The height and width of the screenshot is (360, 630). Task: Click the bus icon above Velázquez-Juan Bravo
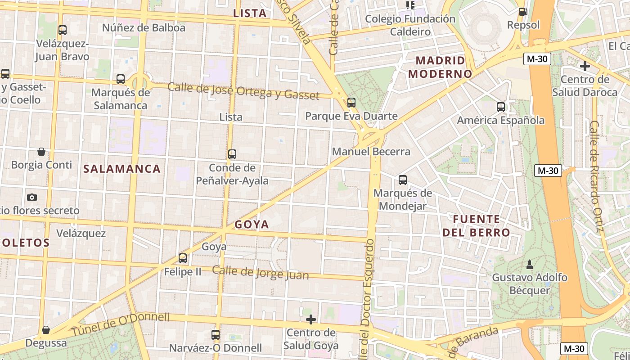pos(63,30)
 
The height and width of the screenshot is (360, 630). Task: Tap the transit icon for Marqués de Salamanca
pos(121,79)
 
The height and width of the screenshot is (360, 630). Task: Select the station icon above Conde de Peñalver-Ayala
pos(232,154)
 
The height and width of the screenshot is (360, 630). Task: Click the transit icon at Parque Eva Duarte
pos(351,103)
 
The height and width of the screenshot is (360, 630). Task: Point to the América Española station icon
pos(501,107)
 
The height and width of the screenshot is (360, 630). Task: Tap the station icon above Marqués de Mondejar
pos(403,180)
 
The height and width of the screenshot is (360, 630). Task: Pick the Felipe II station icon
pos(183,258)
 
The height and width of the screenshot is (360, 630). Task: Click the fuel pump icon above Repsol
pos(523,12)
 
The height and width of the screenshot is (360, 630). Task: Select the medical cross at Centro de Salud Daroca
pos(585,67)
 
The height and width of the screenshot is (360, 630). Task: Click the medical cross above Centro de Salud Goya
pos(311,320)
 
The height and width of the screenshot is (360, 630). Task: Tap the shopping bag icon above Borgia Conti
pos(41,152)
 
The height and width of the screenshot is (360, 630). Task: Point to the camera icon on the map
pos(31,197)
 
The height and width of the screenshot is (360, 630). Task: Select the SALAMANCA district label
pos(122,169)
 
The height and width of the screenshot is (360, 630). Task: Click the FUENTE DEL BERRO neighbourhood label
pos(476,226)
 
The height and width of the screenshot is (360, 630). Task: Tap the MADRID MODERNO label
pos(440,67)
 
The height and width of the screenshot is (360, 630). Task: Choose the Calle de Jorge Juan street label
pos(261,273)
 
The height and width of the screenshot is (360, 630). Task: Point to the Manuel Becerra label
pos(371,152)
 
